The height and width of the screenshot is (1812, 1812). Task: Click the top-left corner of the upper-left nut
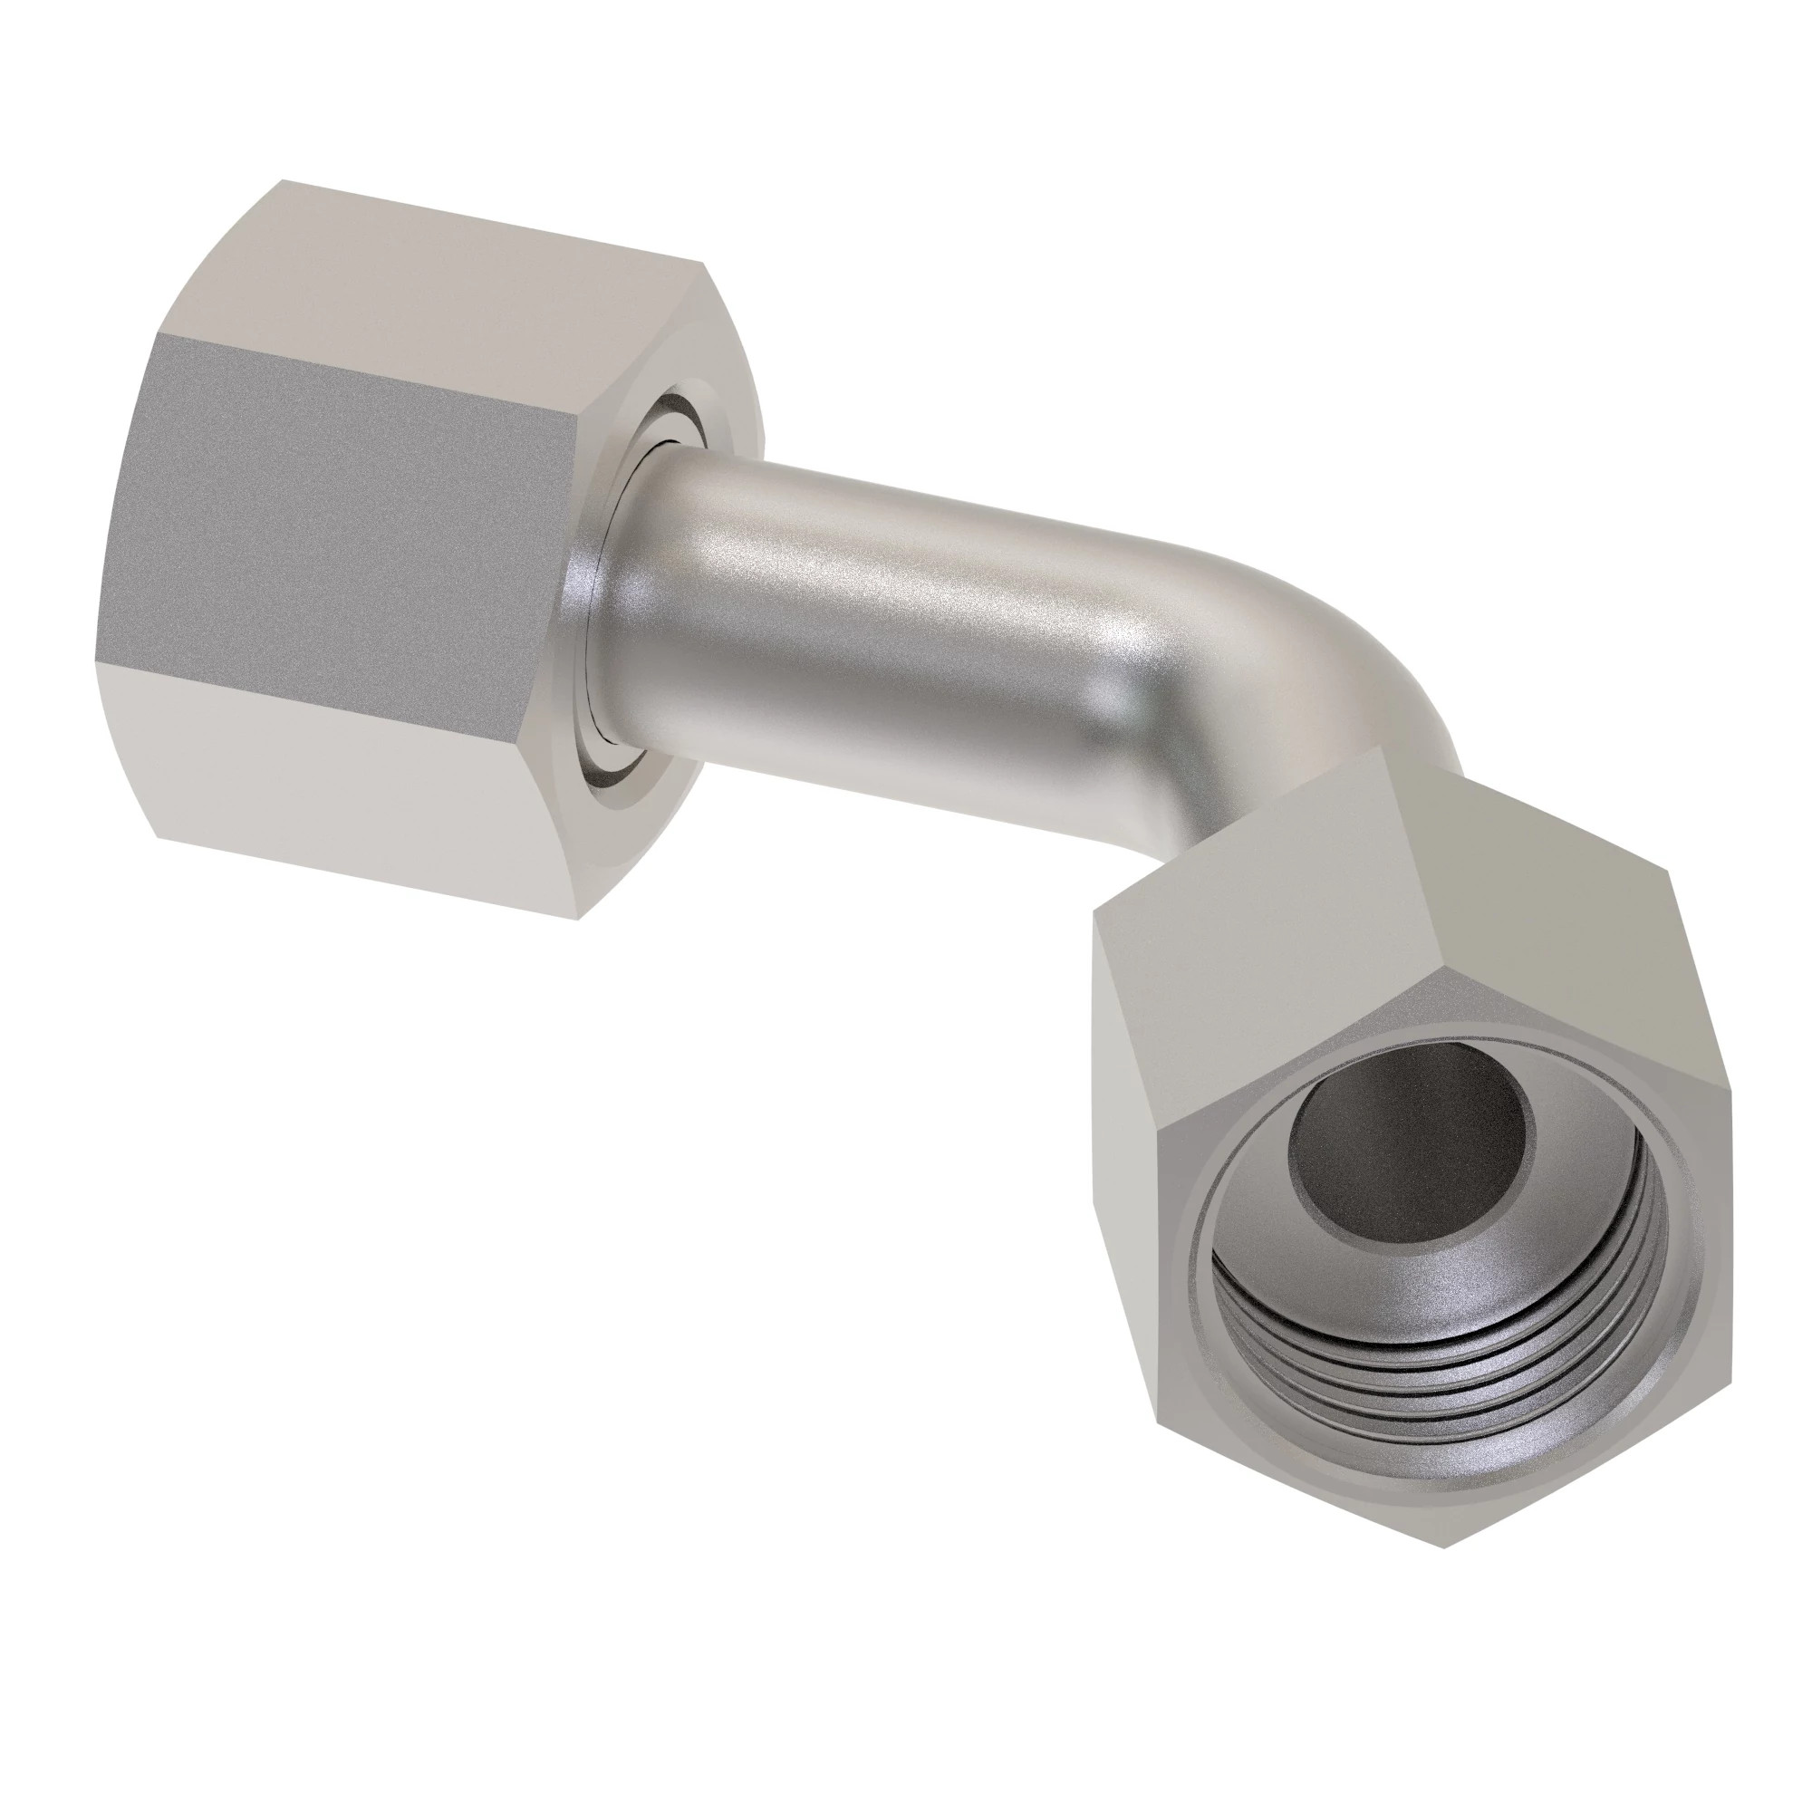(x=284, y=181)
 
